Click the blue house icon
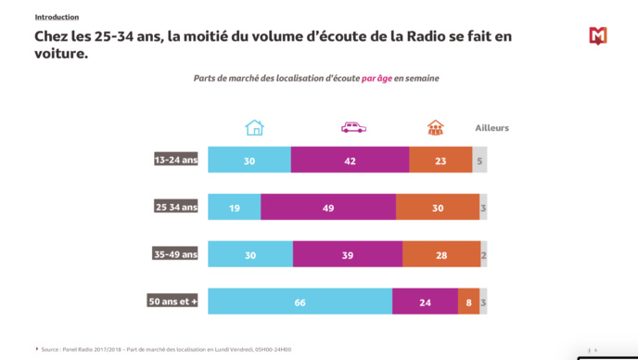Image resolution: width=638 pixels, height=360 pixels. coord(254,128)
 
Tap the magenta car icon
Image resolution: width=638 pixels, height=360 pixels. coord(353,128)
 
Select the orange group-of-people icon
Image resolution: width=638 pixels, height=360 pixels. coord(435,128)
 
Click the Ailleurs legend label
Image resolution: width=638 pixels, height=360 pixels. coord(491,128)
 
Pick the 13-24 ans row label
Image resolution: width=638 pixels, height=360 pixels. coord(176,160)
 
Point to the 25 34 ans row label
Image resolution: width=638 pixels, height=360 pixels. coord(176,207)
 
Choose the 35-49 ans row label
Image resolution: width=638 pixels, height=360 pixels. coord(176,253)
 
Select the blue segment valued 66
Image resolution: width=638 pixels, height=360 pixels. coord(300,302)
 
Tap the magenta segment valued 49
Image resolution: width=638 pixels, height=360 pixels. coord(328,207)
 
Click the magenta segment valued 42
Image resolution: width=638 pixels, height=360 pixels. coord(350,160)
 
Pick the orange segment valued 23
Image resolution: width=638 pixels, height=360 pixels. coord(440,160)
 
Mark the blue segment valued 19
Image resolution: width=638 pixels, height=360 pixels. coord(234,207)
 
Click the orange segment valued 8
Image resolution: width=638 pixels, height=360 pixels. coord(468,302)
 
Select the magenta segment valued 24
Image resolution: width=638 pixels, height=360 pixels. coord(425,302)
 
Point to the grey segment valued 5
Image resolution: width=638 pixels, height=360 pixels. coord(479,160)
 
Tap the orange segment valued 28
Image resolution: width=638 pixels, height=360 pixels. coord(441,253)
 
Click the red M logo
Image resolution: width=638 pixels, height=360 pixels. coord(598,36)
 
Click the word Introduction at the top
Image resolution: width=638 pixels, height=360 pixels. coord(57,17)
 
